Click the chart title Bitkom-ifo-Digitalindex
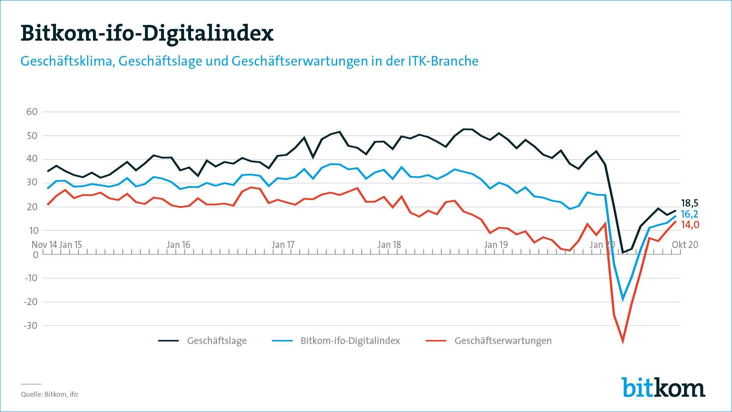pos(147,33)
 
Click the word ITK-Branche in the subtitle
pos(443,61)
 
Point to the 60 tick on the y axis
pos(32,112)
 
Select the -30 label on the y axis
pos(31,326)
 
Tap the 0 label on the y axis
pos(35,255)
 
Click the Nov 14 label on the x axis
pos(44,245)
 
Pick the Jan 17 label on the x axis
pos(283,245)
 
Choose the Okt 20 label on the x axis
pos(685,245)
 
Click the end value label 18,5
pos(690,203)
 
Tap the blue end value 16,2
pos(689,214)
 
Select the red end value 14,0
pos(690,225)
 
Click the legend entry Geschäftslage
pos(217,341)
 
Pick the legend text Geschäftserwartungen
pos(503,341)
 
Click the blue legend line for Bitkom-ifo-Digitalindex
pos(282,341)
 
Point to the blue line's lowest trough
pos(623,299)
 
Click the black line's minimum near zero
pos(623,252)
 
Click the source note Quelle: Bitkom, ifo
pos(49,394)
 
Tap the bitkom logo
pos(663,387)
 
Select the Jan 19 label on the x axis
pos(496,245)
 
